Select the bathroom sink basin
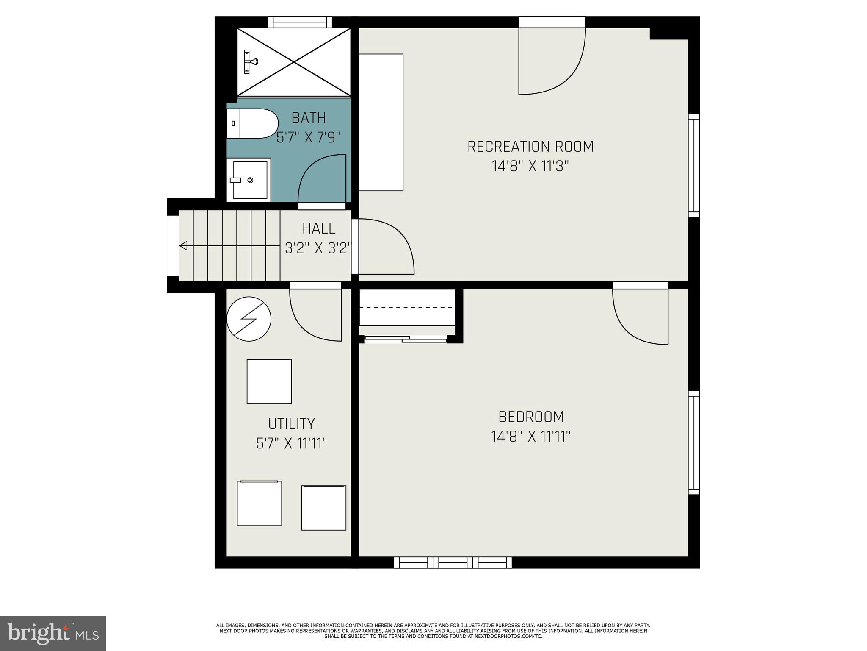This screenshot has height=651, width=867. (249, 180)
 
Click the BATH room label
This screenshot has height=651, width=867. (309, 117)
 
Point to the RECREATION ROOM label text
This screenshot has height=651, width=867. (530, 147)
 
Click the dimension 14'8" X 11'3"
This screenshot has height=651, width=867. (530, 166)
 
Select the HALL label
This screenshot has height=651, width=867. (319, 228)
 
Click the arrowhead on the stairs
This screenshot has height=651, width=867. (183, 245)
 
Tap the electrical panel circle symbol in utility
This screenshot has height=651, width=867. (249, 319)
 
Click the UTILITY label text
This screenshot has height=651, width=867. (291, 423)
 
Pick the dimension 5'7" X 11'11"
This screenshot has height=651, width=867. (291, 443)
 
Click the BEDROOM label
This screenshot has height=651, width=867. (531, 417)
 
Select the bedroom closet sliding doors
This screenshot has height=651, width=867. (405, 339)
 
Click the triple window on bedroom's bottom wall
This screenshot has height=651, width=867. (453, 562)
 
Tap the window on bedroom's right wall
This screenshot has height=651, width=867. (693, 442)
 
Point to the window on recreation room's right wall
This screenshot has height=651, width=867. (693, 165)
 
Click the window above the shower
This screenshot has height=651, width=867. (300, 22)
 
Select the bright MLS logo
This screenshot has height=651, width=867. (53, 633)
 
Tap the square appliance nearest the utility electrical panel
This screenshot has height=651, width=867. (269, 381)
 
